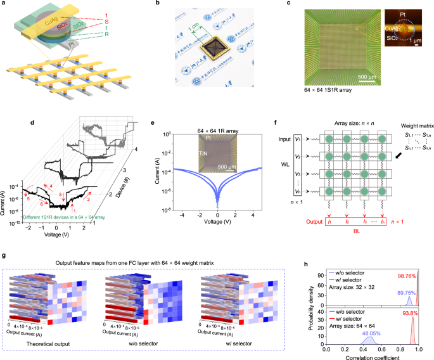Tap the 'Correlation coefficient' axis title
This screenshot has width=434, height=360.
pos(376,356)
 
